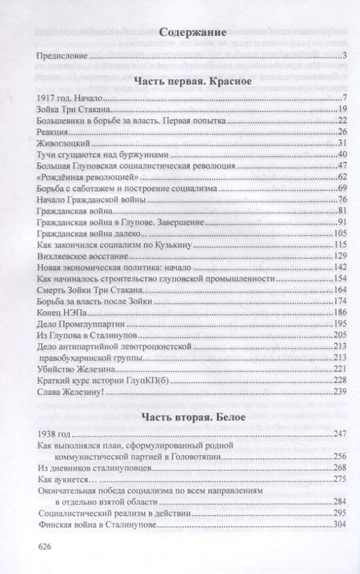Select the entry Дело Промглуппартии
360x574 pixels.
[x=82, y=324]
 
